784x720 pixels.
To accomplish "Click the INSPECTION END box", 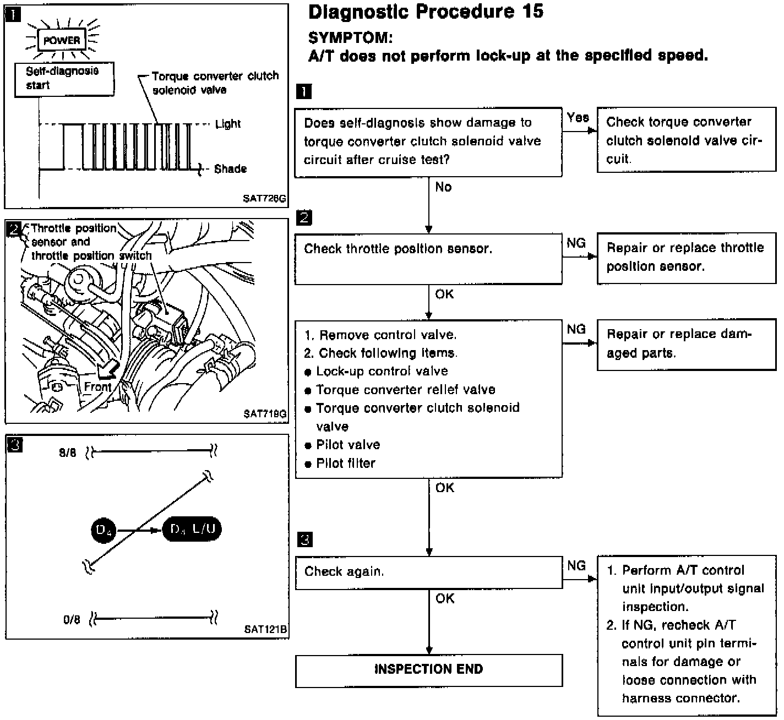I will tap(428, 669).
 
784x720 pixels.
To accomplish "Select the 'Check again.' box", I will tap(428, 572).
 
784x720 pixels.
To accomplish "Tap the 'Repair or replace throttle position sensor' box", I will tap(686, 258).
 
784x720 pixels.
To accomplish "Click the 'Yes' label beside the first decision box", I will tap(578, 117).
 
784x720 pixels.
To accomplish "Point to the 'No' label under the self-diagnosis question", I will tap(443, 187).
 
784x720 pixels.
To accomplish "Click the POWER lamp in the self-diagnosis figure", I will tap(62, 40).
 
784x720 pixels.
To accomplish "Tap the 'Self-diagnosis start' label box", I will tap(63, 78).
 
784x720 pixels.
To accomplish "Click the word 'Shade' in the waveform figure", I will tap(230, 168).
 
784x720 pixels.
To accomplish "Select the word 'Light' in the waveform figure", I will tap(228, 124).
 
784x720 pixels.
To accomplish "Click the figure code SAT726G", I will tap(265, 199).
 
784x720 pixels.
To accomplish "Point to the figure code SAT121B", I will tap(266, 629).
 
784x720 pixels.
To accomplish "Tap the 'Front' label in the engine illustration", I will tap(97, 387).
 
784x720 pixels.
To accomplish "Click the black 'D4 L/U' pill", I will tap(192, 530).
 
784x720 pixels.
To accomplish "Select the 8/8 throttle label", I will tap(68, 453).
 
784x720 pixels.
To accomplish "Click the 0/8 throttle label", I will tap(72, 620).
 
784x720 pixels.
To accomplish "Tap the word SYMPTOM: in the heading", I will tap(351, 37).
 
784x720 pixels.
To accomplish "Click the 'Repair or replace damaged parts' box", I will tap(686, 344).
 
